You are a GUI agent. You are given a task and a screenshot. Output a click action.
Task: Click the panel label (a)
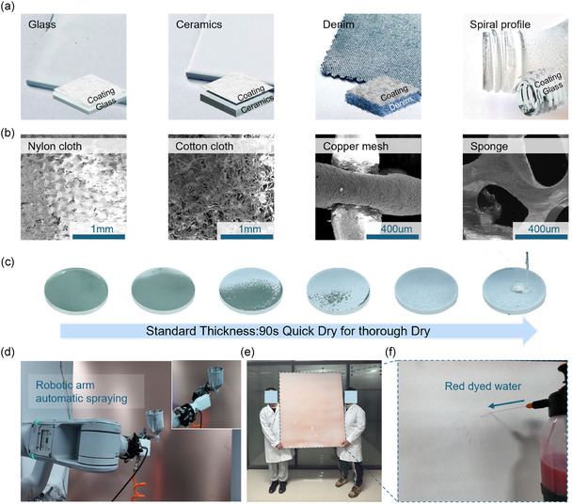click(x=8, y=7)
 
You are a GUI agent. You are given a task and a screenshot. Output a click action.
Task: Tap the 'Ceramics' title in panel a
click(x=199, y=24)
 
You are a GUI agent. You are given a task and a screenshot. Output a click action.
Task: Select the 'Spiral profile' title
click(x=500, y=24)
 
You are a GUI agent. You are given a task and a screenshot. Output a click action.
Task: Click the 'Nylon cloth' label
click(x=55, y=147)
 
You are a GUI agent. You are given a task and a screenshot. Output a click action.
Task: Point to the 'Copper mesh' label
click(x=356, y=147)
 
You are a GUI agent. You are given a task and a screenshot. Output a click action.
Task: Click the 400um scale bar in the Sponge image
click(x=541, y=237)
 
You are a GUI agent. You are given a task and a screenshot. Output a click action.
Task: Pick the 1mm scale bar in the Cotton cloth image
click(x=246, y=237)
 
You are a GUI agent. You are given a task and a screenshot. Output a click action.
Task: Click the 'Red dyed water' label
click(x=483, y=386)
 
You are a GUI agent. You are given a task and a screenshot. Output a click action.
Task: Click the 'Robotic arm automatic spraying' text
click(x=81, y=392)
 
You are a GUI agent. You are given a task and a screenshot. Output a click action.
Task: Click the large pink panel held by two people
click(x=312, y=410)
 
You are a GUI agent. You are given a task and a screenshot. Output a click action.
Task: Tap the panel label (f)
click(x=390, y=353)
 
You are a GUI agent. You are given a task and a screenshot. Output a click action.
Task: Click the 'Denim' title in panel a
click(x=338, y=24)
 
